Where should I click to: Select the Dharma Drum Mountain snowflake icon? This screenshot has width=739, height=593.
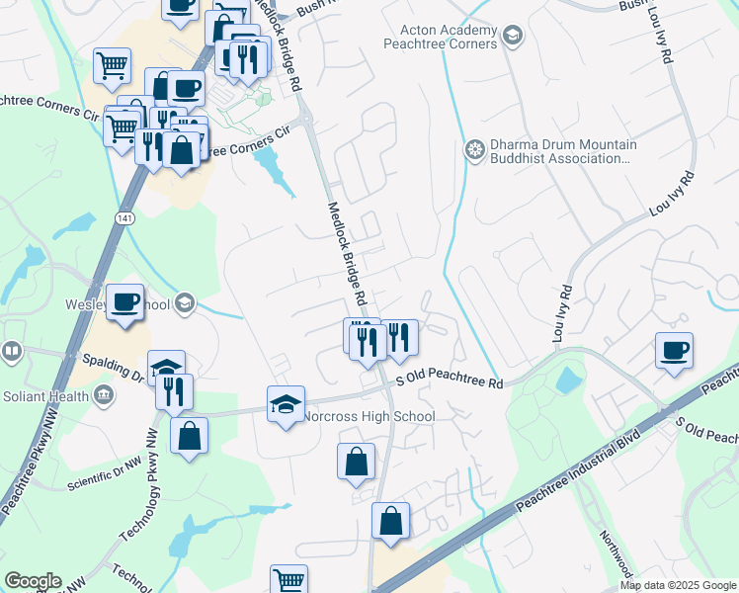click(x=474, y=150)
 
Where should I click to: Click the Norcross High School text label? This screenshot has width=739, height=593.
click(x=369, y=416)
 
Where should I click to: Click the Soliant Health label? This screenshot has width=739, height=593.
click(x=42, y=396)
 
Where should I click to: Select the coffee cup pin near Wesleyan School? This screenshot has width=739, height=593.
click(x=124, y=301)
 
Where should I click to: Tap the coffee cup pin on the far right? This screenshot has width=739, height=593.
click(x=674, y=350)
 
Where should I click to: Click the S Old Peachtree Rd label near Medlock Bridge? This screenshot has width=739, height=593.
click(x=450, y=381)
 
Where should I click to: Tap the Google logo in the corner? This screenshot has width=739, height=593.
click(x=33, y=580)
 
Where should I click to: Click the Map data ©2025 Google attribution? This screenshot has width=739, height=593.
click(x=677, y=585)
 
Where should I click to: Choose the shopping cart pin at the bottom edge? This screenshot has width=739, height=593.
click(x=288, y=581)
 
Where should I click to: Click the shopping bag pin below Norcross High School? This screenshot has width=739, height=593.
click(x=356, y=462)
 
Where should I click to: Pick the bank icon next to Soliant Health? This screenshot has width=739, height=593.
click(x=102, y=396)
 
